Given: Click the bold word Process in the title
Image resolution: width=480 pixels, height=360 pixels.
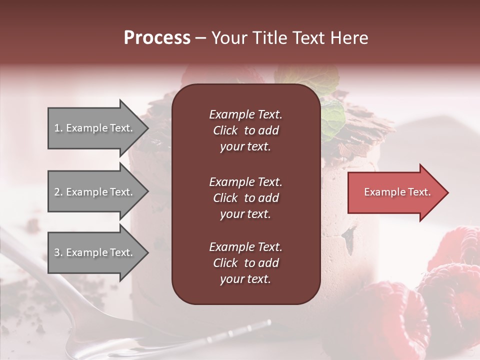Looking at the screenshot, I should click(157, 38).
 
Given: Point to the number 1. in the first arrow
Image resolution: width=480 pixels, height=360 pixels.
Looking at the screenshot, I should click(58, 128).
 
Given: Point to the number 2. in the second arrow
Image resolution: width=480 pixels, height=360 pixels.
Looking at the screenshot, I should click(58, 192).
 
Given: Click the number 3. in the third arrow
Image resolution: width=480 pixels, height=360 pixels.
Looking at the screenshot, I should click(58, 252).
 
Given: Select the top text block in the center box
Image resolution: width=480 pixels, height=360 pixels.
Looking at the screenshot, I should click(245, 130).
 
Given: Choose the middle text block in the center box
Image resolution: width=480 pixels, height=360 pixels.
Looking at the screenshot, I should click(245, 198).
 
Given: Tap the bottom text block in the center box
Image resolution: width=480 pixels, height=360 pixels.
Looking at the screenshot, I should click(245, 263).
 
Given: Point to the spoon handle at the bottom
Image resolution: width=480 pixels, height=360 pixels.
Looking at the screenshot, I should click(240, 333).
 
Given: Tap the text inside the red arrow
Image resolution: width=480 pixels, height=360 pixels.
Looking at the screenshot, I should click(397, 192).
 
